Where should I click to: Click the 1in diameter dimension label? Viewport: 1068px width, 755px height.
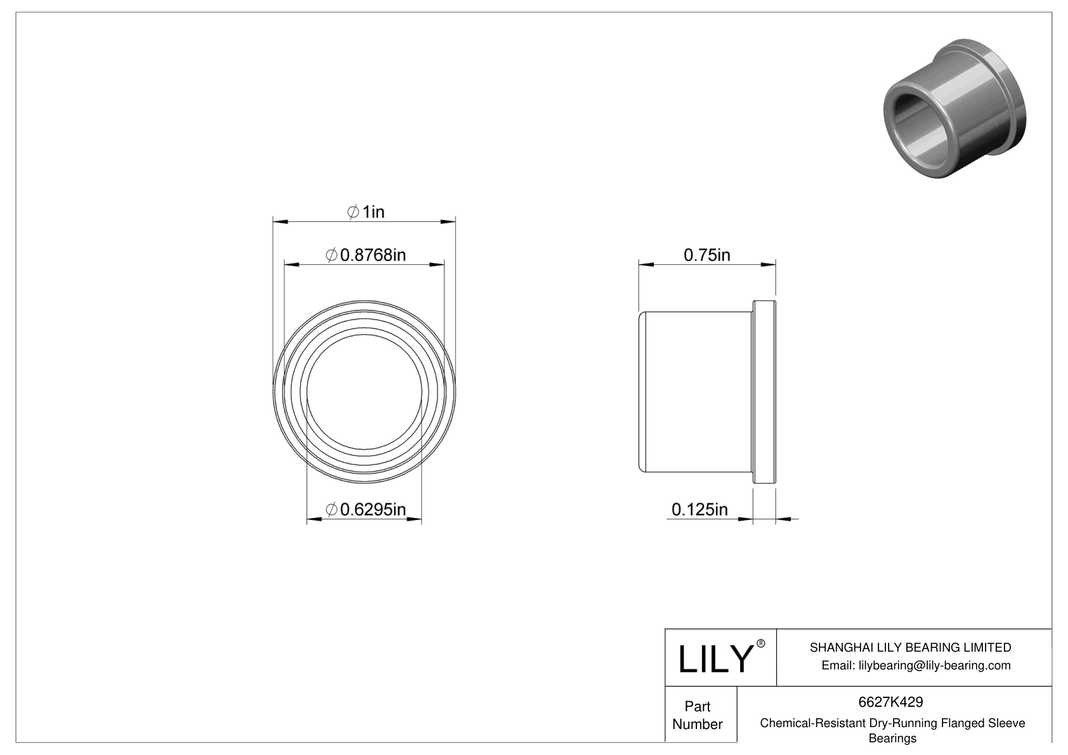click(366, 212)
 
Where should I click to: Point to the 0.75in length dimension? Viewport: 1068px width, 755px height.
click(707, 255)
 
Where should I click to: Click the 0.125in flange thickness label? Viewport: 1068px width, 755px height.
click(700, 509)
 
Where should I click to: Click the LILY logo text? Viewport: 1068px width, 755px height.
click(715, 659)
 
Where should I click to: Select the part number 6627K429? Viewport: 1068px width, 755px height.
click(890, 702)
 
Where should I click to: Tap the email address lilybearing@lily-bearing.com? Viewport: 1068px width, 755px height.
click(916, 665)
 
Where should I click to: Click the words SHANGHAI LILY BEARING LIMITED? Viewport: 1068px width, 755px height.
click(910, 647)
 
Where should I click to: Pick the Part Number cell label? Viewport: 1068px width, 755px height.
click(698, 715)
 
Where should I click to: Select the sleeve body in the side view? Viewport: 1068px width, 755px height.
click(696, 392)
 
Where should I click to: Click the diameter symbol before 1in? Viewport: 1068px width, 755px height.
click(353, 212)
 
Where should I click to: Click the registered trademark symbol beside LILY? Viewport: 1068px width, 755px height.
click(760, 643)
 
